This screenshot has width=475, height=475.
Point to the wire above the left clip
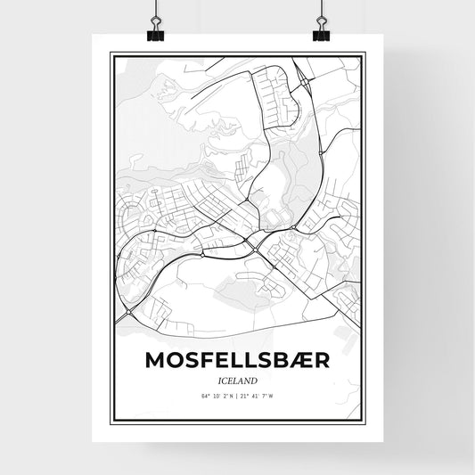(x=155, y=11)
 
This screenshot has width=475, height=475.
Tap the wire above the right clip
(x=321, y=11)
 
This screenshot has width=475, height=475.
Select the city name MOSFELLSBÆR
(x=237, y=360)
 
